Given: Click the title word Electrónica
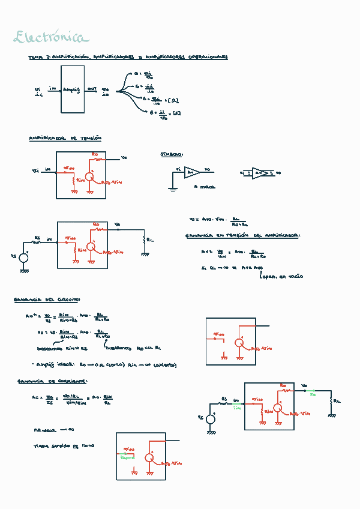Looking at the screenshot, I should (x=51, y=38).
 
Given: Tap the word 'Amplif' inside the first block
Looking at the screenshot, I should (x=71, y=89).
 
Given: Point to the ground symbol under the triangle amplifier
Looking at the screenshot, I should (x=172, y=189).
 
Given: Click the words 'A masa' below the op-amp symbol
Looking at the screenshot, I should (x=205, y=187).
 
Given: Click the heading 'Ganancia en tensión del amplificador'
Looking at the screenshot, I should (x=242, y=236).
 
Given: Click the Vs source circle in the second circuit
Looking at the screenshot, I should (x=24, y=259).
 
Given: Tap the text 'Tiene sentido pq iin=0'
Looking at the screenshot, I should (x=64, y=446).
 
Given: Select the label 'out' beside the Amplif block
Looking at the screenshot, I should (x=91, y=89).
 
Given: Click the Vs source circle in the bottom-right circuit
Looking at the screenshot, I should (x=211, y=420).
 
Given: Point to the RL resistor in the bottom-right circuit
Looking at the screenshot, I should (x=331, y=399).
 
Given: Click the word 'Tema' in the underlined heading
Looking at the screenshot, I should (x=35, y=58).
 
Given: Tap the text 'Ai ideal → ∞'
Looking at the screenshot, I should (x=53, y=430).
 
